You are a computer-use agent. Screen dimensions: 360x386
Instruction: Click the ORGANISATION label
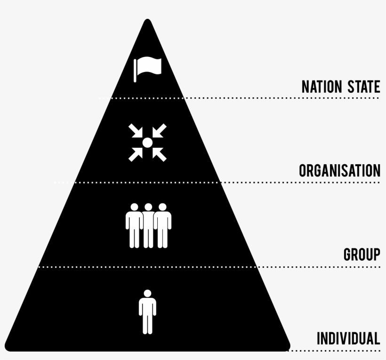pyautogui.click(x=339, y=171)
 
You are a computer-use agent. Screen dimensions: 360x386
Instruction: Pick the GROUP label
pyautogui.click(x=362, y=255)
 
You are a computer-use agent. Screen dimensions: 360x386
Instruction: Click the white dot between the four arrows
pyautogui.click(x=147, y=142)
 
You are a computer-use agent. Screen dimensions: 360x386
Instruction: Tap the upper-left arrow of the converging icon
pyautogui.click(x=136, y=130)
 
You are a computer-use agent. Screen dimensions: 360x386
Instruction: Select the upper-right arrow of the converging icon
pyautogui.click(x=159, y=130)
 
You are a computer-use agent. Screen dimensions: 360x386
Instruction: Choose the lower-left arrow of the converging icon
pyautogui.click(x=136, y=154)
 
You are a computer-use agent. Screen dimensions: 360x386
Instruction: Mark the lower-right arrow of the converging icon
pyautogui.click(x=159, y=154)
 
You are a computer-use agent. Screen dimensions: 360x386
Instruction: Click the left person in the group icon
pyautogui.click(x=134, y=225)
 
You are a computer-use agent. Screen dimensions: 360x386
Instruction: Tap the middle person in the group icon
pyautogui.click(x=148, y=225)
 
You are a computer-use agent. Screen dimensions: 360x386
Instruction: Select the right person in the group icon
pyautogui.click(x=162, y=225)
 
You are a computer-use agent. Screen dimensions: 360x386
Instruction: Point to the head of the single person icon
pyautogui.click(x=147, y=293)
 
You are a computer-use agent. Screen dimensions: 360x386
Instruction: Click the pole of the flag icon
pyautogui.click(x=135, y=71)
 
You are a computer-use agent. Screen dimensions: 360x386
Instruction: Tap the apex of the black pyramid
pyautogui.click(x=148, y=21)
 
